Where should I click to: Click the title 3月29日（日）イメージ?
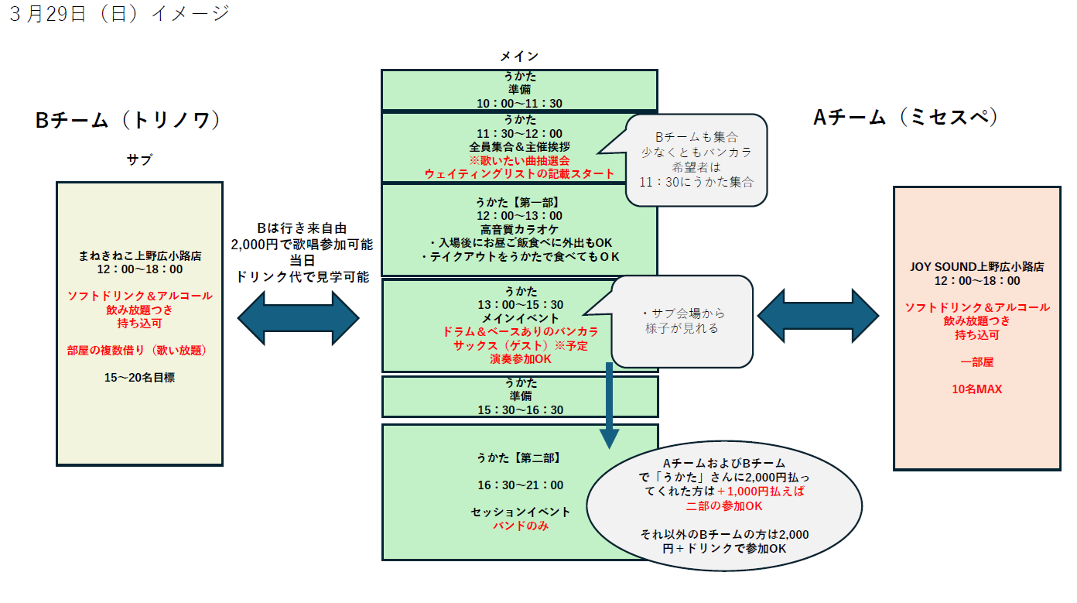tap(119, 15)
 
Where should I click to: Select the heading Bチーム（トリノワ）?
tap(128, 121)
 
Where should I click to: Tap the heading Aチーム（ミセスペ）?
tap(906, 117)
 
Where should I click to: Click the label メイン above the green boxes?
tap(518, 57)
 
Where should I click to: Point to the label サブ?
tap(139, 160)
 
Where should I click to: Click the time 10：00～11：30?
tap(519, 102)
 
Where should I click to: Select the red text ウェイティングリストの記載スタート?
tap(519, 173)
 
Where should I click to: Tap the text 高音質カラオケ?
tap(519, 229)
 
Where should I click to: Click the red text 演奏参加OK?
tap(520, 359)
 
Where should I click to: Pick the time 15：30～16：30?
tap(519, 409)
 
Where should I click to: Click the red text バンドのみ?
tap(520, 526)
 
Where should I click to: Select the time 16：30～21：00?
tap(520, 485)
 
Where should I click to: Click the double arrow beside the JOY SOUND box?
tap(818, 316)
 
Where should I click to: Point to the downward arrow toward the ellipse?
tap(609, 406)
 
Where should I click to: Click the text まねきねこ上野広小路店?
tap(140, 255)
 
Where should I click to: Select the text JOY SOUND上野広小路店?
tap(977, 266)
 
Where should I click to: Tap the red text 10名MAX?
tap(977, 389)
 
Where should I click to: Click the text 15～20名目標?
tap(140, 378)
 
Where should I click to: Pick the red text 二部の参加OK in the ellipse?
tap(724, 505)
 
